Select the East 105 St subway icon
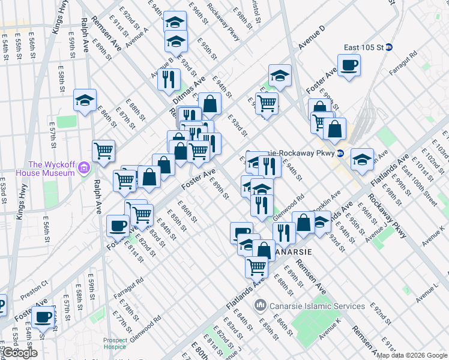click(389, 47)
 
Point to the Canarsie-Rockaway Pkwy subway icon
click(340, 152)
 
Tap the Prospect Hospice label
click(115, 343)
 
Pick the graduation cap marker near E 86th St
click(85, 100)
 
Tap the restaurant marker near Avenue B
click(169, 78)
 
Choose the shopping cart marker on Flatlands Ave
click(256, 266)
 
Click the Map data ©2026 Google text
click(412, 355)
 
